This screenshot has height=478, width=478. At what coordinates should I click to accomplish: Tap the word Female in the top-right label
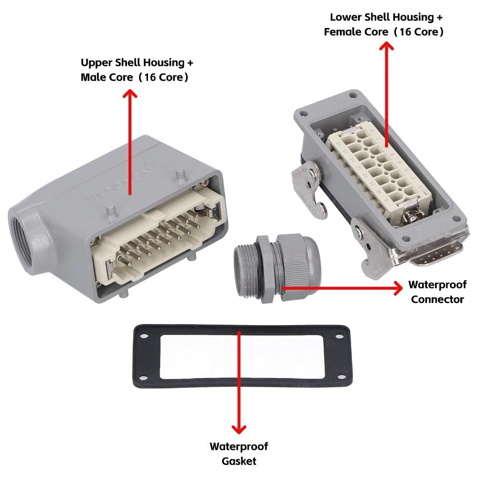click(x=341, y=32)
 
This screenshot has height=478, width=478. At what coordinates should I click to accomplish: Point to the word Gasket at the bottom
click(x=239, y=461)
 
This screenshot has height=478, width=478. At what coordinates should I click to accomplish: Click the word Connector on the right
click(x=437, y=299)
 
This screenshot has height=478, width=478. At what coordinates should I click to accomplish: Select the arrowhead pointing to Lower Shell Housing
click(x=386, y=47)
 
